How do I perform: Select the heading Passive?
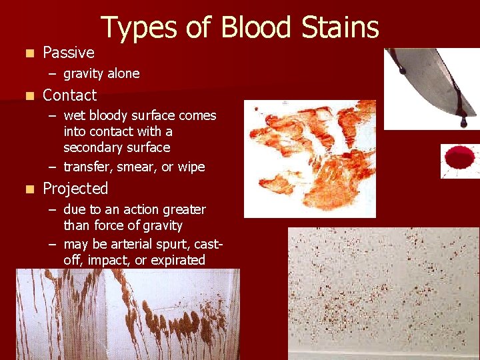69,53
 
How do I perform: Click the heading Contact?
69,95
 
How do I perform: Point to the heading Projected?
75,189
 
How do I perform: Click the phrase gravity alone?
101,73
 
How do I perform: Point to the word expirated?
177,260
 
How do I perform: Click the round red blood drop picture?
459,159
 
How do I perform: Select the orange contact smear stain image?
310,159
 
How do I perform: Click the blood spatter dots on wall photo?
383,293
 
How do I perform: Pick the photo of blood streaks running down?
127,314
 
